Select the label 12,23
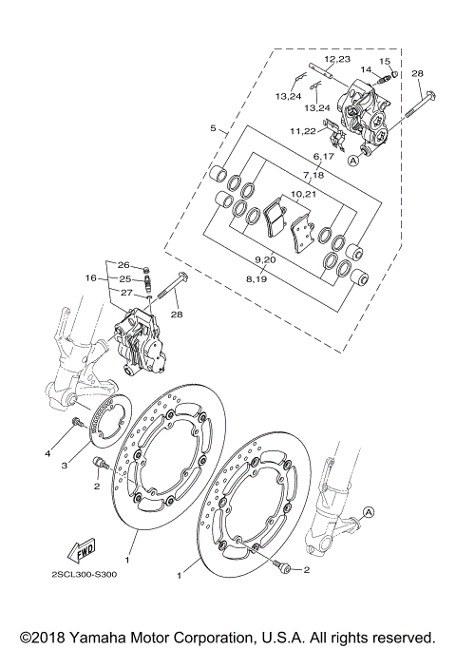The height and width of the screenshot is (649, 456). pyautogui.click(x=337, y=59)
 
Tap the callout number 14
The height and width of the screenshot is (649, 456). pyautogui.click(x=366, y=69)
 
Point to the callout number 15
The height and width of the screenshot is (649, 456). pyautogui.click(x=386, y=62)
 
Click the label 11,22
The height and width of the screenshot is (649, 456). pyautogui.click(x=305, y=130)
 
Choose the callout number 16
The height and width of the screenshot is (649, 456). pyautogui.click(x=90, y=278)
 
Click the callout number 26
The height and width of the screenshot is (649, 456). pyautogui.click(x=123, y=264)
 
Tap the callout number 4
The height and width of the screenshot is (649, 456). pyautogui.click(x=46, y=454)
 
